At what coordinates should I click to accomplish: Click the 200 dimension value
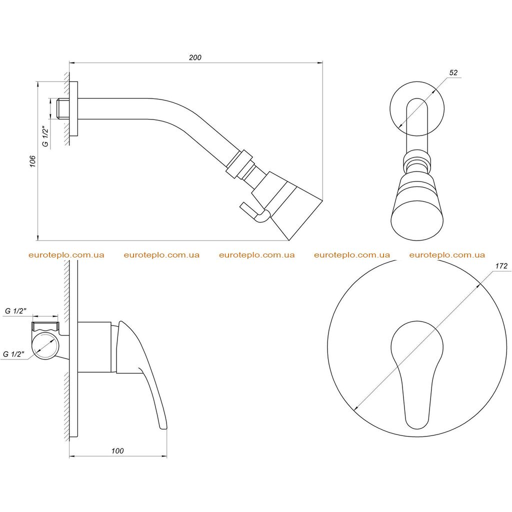(195, 57)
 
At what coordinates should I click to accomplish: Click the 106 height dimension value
(32, 161)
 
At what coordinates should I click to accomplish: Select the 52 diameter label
(453, 72)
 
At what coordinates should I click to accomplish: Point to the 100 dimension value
(117, 450)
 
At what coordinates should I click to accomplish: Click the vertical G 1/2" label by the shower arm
(45, 136)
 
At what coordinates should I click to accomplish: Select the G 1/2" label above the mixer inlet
(15, 311)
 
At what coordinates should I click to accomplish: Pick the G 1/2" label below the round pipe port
(13, 354)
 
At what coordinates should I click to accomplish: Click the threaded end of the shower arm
(63, 108)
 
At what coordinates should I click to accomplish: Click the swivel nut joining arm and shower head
(239, 164)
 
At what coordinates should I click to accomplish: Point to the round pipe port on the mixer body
(46, 347)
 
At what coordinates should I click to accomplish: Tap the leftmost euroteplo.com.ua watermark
(66, 255)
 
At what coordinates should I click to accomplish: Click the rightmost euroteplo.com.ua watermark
(447, 255)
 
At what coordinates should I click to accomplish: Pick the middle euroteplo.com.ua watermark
(257, 255)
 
